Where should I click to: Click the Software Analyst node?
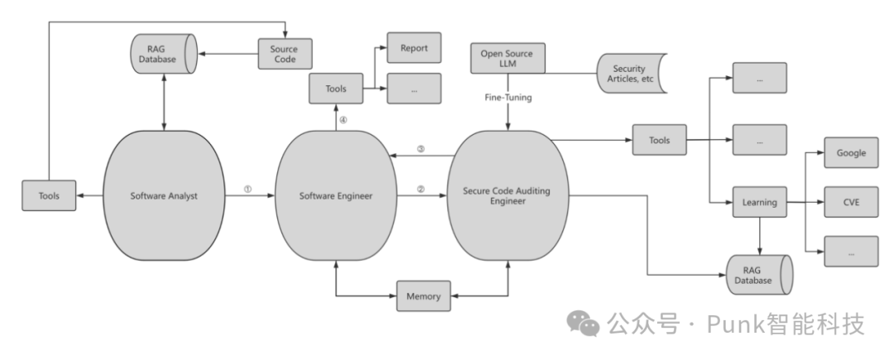click(x=166, y=196)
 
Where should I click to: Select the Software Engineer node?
click(x=335, y=196)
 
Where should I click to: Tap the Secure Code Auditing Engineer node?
click(x=507, y=196)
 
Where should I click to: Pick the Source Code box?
click(x=284, y=55)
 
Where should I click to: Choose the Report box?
click(x=414, y=48)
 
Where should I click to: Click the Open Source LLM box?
click(x=507, y=60)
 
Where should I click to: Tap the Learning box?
click(x=759, y=202)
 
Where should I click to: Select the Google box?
click(x=851, y=153)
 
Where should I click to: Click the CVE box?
click(x=851, y=202)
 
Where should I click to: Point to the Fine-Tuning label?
click(x=508, y=97)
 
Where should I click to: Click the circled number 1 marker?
click(x=248, y=189)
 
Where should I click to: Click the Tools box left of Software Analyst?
click(x=49, y=196)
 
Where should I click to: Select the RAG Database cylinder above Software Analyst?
click(x=162, y=55)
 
